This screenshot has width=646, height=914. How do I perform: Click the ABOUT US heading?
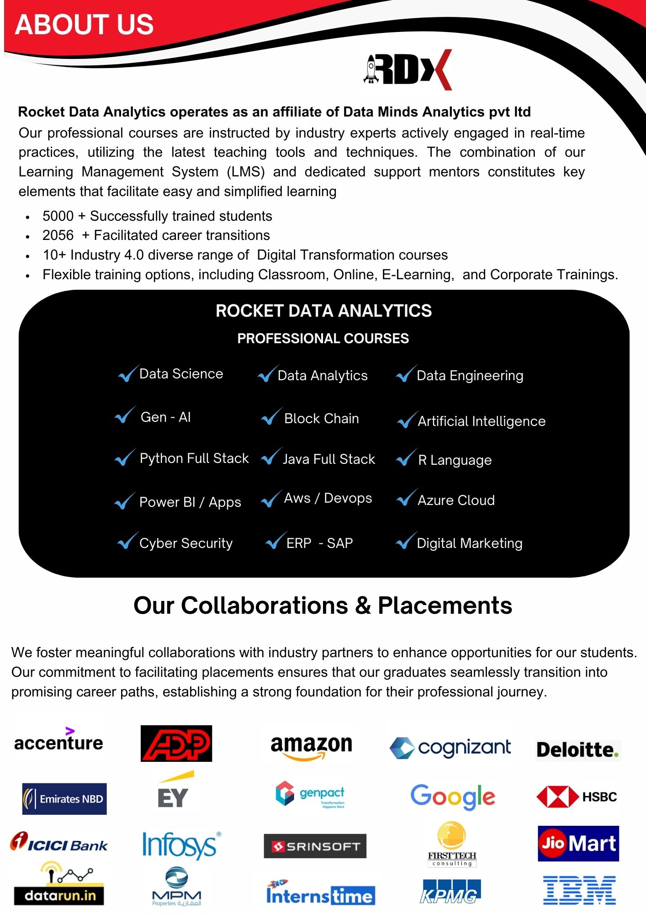pyautogui.click(x=85, y=25)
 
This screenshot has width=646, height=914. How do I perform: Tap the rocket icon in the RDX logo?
pyautogui.click(x=371, y=69)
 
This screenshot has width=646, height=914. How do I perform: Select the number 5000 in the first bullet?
pyautogui.click(x=58, y=216)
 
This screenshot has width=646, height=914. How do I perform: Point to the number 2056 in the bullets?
pyautogui.click(x=58, y=235)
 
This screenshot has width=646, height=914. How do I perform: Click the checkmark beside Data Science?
pyautogui.click(x=128, y=374)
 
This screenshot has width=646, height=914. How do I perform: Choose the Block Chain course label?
pyautogui.click(x=321, y=419)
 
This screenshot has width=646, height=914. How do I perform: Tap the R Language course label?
pyautogui.click(x=455, y=460)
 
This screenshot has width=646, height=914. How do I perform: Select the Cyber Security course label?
pyautogui.click(x=186, y=543)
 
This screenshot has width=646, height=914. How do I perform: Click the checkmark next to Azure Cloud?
pyautogui.click(x=406, y=498)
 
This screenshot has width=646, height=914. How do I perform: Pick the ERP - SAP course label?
pyautogui.click(x=319, y=543)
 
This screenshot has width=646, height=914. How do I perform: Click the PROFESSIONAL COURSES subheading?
pyautogui.click(x=323, y=338)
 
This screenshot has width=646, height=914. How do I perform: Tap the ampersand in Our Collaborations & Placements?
pyautogui.click(x=363, y=606)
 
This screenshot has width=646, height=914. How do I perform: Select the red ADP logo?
pyautogui.click(x=176, y=744)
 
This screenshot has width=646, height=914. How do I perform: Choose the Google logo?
pyautogui.click(x=453, y=797)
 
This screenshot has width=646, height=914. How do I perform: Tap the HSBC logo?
pyautogui.click(x=577, y=797)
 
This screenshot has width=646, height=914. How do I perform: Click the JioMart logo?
pyautogui.click(x=578, y=843)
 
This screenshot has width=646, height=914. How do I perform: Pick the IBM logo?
pyautogui.click(x=579, y=890)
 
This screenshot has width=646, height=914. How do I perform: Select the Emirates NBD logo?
pyautogui.click(x=64, y=799)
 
